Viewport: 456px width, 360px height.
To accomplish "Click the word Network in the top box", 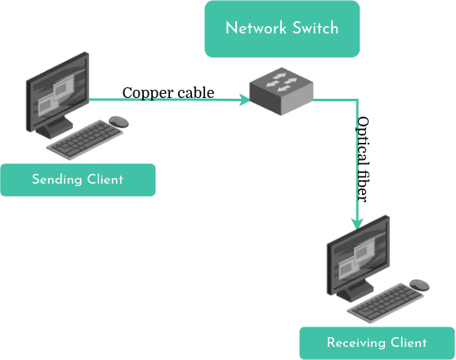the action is click(x=256, y=29).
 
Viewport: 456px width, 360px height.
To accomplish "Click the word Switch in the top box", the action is click(x=315, y=29).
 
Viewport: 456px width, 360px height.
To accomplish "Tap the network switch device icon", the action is click(x=281, y=91).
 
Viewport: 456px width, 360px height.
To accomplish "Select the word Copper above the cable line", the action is click(x=148, y=93).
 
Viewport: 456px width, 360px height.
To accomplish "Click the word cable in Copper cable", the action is click(x=196, y=93).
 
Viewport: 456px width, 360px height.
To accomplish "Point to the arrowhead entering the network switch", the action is click(x=244, y=100).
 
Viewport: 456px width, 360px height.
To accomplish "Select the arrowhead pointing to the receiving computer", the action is click(x=357, y=224).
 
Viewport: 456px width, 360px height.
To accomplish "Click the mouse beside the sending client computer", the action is click(x=118, y=122).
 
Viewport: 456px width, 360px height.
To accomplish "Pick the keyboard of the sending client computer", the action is click(x=85, y=140).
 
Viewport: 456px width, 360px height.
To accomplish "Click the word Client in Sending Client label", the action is click(x=105, y=179).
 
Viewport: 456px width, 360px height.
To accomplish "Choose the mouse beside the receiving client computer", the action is click(x=419, y=285).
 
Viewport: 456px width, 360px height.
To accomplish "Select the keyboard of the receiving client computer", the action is click(x=386, y=303).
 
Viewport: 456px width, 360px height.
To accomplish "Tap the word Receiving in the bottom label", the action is click(x=356, y=343).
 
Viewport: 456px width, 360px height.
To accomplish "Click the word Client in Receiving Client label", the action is click(x=409, y=343).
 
